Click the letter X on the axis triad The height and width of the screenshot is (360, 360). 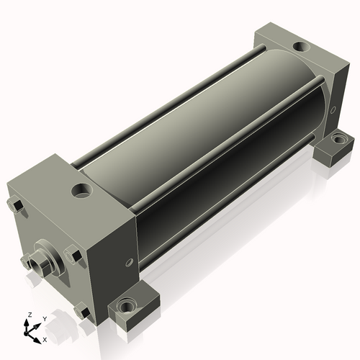click(45, 340)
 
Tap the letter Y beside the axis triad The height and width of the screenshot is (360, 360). click(45, 319)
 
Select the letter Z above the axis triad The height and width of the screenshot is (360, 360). click(30, 315)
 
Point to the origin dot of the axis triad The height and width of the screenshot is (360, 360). click(26, 333)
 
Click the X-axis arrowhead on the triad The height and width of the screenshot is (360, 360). click(37, 341)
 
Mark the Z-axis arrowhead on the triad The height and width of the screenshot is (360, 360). click(26, 323)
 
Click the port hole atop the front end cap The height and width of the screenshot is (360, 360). click(81, 191)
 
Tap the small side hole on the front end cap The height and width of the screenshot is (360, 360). click(129, 262)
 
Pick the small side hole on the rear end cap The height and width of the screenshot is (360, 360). click(333, 110)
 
